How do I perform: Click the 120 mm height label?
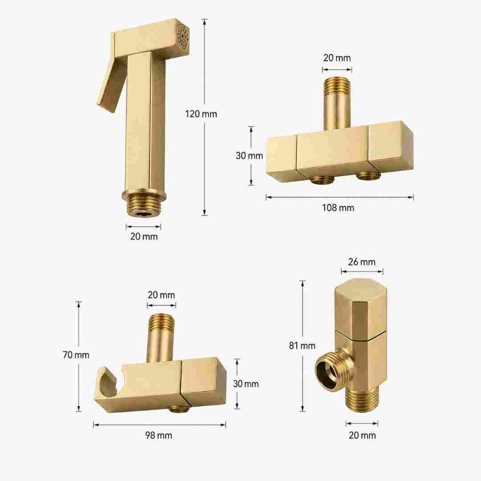(201, 114)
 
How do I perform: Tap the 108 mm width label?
(338, 208)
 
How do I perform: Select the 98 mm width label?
(159, 435)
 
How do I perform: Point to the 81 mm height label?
(302, 346)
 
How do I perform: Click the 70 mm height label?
(76, 355)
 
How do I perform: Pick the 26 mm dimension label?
(362, 262)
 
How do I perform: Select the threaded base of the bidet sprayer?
(143, 205)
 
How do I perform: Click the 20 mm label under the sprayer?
(144, 237)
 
